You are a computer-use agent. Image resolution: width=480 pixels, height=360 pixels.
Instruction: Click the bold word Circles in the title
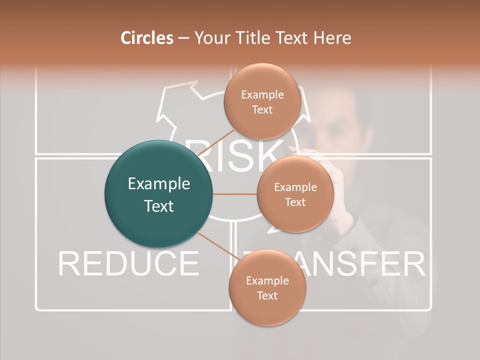point(146,38)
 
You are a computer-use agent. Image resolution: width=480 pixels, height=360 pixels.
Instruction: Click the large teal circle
point(158,194)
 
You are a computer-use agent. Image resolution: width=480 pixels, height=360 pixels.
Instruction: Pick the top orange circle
point(262,101)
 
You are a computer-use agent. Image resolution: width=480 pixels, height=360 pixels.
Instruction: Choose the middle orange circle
point(295,194)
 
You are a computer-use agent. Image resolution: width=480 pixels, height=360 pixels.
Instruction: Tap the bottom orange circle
point(267,287)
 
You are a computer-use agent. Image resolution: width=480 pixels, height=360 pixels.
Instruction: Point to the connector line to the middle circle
point(235,194)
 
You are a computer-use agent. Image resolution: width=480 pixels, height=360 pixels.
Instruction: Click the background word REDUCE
point(128,264)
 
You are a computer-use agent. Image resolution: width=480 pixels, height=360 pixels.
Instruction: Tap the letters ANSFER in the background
point(365,264)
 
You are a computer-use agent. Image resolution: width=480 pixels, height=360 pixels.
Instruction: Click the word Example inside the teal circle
point(158,184)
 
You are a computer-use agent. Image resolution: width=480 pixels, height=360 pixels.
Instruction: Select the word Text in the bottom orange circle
point(267,295)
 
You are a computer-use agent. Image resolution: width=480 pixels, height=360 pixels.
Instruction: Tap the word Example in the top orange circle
point(262,94)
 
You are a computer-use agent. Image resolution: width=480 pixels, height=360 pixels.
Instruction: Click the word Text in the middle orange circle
point(295,202)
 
